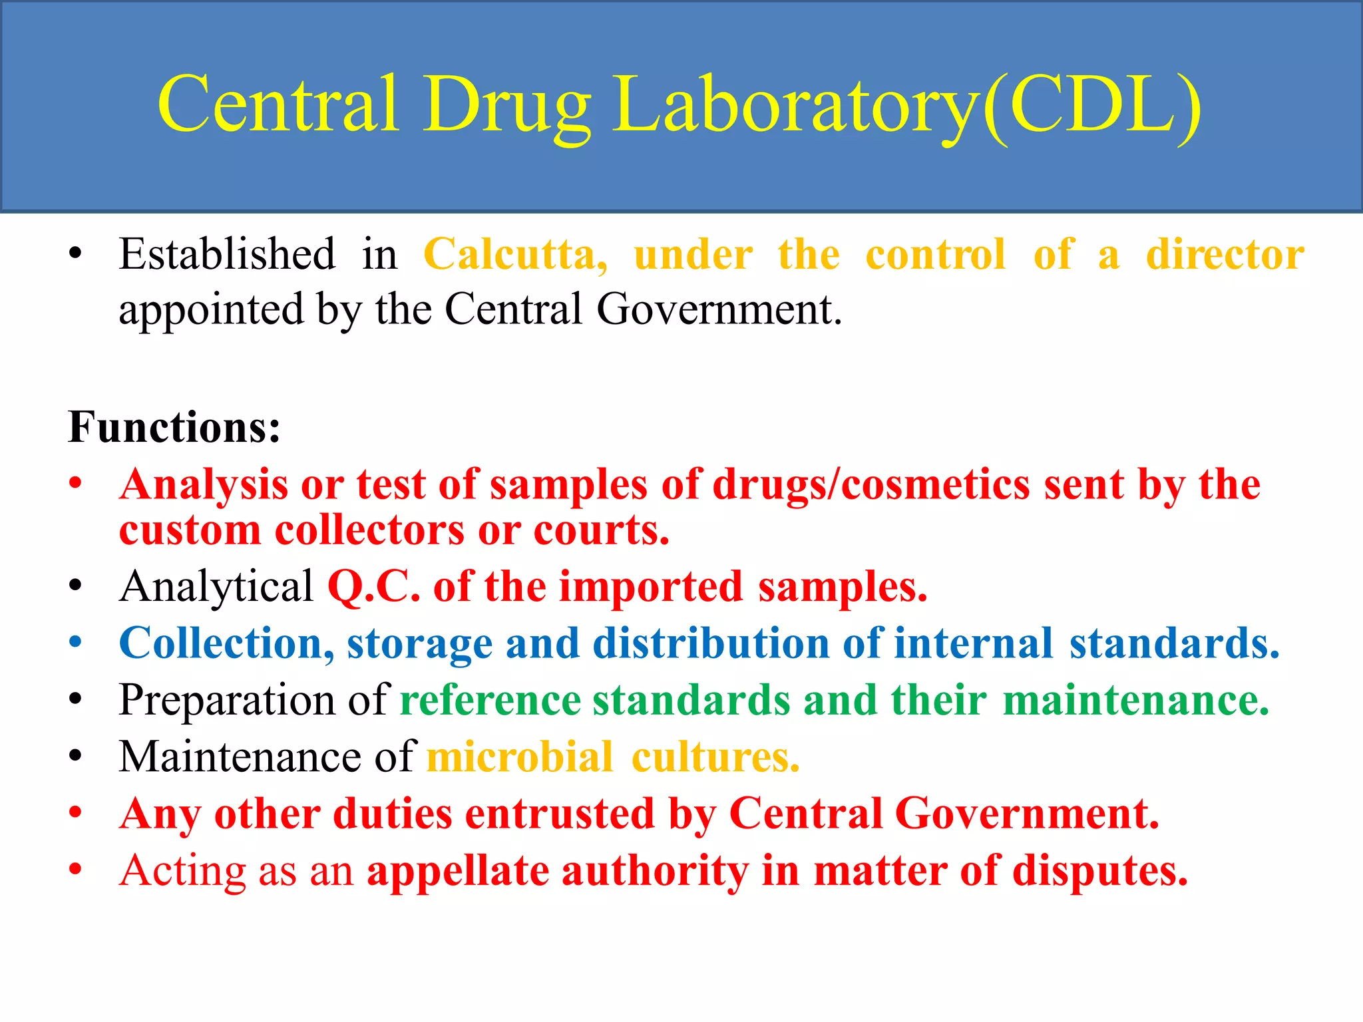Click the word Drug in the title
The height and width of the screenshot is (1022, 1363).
tap(507, 106)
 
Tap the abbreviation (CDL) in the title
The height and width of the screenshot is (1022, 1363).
tap(1091, 106)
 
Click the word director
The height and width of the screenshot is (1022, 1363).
tap(1225, 255)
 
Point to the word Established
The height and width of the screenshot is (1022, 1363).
tap(227, 255)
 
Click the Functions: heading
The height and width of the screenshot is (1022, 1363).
tap(174, 427)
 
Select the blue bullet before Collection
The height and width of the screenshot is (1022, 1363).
tap(75, 643)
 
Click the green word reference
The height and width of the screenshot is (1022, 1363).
tap(490, 701)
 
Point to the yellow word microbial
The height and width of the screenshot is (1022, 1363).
tap(520, 757)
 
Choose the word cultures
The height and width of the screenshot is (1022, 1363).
tap(715, 757)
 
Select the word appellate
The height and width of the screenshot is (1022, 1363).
tap(458, 871)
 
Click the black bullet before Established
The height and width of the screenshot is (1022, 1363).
tap(75, 254)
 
